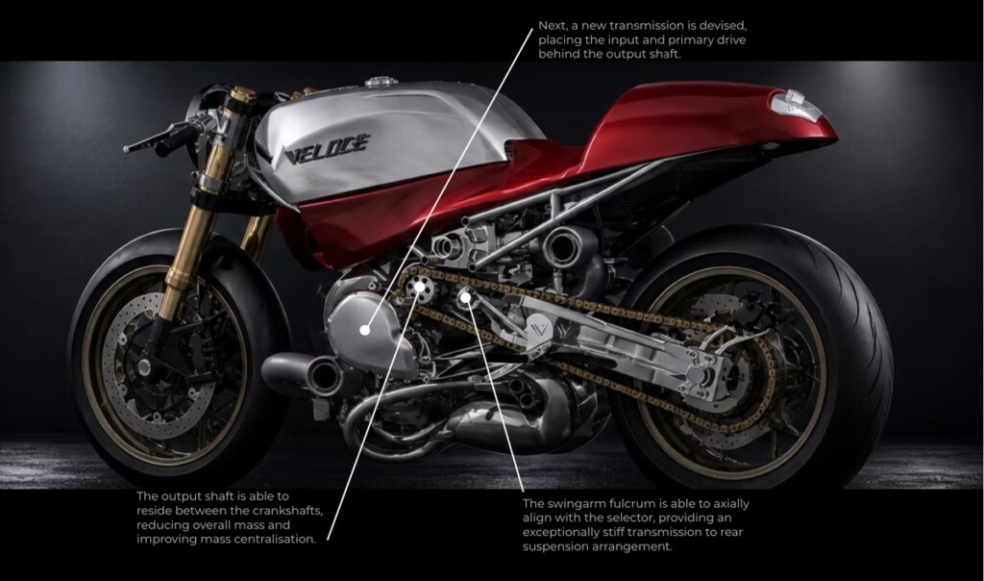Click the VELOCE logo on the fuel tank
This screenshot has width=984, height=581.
[327, 149]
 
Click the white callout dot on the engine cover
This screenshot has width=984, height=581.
[365, 329]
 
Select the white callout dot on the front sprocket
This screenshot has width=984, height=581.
[419, 287]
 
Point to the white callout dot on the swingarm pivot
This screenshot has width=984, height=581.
[465, 296]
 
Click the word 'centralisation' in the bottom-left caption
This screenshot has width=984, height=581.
[275, 539]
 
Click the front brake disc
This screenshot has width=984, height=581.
[144, 370]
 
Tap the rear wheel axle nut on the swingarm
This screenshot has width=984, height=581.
[697, 375]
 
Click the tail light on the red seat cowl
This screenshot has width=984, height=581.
[797, 104]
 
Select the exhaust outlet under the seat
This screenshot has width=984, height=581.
[563, 244]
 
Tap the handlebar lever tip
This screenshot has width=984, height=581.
[126, 149]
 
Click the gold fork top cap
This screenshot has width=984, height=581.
[243, 95]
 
